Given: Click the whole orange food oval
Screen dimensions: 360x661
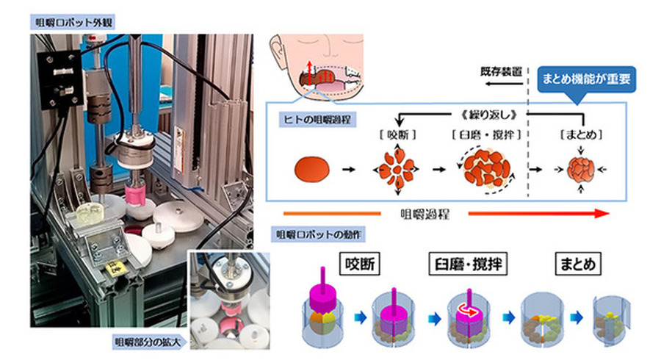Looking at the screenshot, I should pyautogui.click(x=312, y=170).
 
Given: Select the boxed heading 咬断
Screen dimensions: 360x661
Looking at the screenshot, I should pyautogui.click(x=357, y=262).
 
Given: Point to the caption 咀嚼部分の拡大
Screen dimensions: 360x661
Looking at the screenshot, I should pyautogui.click(x=146, y=342).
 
